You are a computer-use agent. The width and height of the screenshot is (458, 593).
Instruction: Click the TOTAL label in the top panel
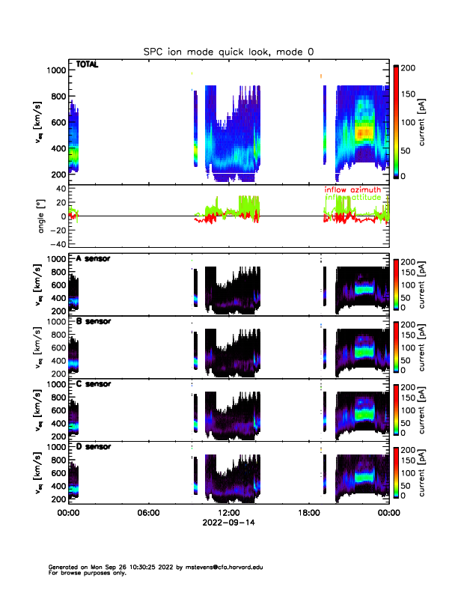(88, 65)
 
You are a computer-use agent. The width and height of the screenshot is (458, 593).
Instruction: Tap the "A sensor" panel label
(93, 259)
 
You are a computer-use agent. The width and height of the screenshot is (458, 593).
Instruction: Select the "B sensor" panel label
(93, 321)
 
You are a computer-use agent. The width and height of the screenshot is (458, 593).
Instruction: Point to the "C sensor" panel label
(93, 384)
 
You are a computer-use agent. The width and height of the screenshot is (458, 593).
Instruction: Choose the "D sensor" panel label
(93, 446)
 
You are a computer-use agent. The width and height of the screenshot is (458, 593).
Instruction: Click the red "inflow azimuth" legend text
(352, 190)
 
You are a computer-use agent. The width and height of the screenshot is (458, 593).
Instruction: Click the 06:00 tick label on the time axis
(149, 514)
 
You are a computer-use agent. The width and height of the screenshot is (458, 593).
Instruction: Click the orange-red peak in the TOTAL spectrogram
(363, 133)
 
